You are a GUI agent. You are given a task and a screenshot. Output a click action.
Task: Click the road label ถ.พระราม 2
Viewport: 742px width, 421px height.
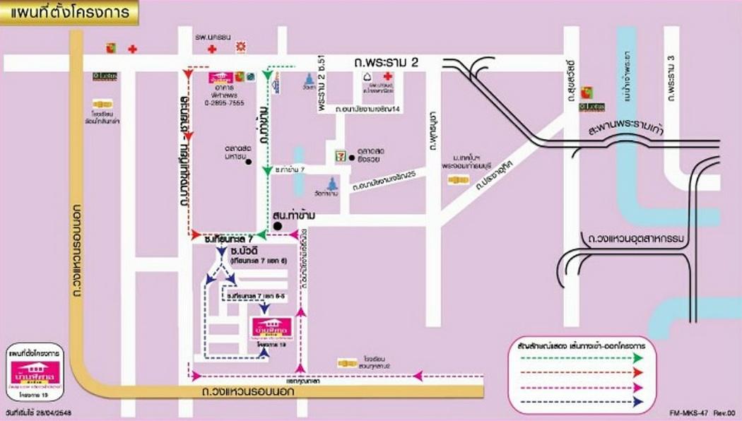[x=387, y=64]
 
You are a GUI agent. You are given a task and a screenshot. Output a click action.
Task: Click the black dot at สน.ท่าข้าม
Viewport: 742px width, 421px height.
[x=278, y=225]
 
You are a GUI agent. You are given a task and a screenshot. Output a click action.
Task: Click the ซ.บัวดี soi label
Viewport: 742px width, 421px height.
[x=246, y=251]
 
